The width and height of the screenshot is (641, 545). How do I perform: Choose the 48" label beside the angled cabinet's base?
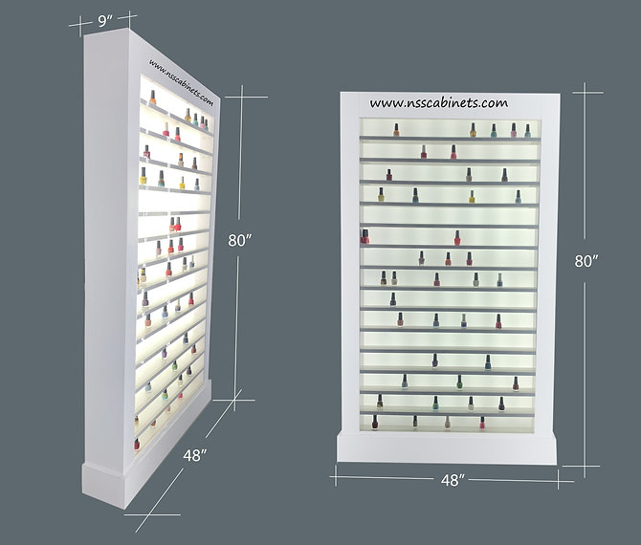pos(196,457)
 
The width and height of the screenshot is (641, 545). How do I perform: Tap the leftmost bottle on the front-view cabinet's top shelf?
pos(396,130)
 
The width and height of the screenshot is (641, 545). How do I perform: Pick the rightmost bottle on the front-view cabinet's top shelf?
pos(526,129)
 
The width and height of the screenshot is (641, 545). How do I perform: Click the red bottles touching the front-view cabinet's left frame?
pos(365,236)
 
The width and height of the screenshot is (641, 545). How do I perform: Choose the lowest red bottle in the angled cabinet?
pos(136,444)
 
